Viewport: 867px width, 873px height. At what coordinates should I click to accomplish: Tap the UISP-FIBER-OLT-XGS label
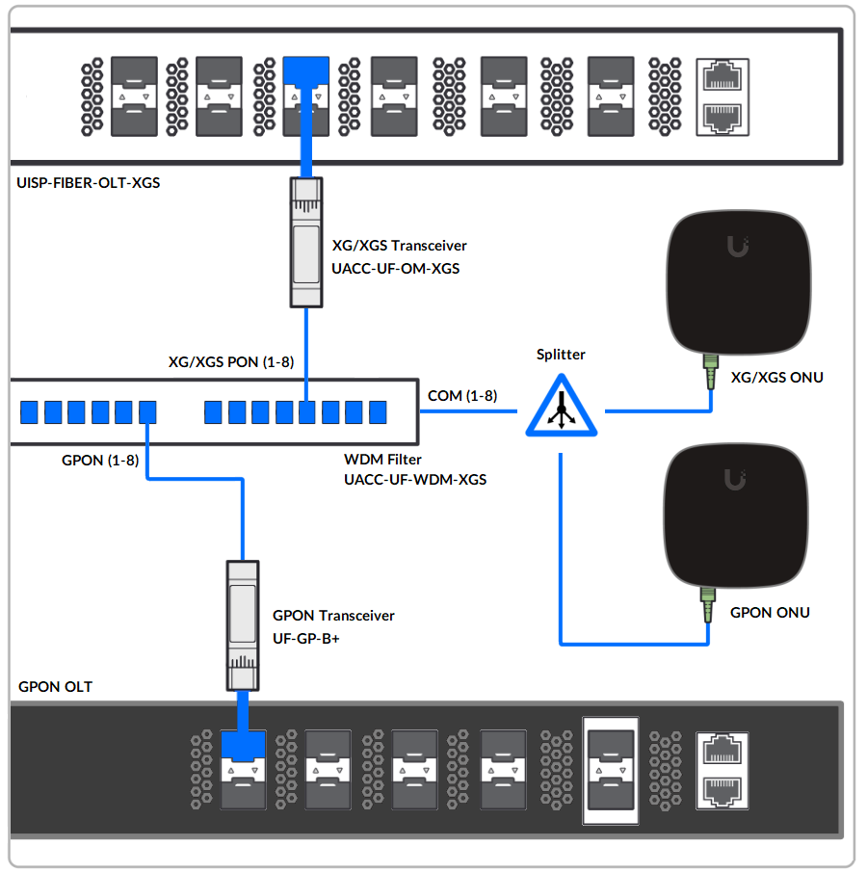click(x=89, y=182)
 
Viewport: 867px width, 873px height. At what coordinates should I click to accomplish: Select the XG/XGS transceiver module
click(x=305, y=242)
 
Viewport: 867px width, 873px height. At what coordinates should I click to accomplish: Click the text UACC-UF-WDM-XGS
click(x=414, y=479)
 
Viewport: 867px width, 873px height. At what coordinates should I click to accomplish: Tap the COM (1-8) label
click(x=462, y=395)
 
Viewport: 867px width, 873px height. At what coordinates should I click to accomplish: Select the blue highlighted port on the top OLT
click(x=305, y=70)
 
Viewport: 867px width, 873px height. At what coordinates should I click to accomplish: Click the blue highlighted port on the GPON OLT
click(x=243, y=744)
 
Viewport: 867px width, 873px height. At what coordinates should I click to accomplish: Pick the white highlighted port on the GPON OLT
click(x=610, y=770)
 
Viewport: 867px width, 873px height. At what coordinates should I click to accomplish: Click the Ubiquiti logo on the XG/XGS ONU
click(x=739, y=248)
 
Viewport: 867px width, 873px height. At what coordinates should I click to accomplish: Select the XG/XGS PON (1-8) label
click(x=231, y=361)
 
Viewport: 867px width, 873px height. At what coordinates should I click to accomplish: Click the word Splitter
click(x=561, y=355)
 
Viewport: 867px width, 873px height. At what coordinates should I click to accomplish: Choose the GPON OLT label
click(x=56, y=687)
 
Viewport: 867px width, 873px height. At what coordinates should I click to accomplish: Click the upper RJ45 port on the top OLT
click(x=721, y=76)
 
